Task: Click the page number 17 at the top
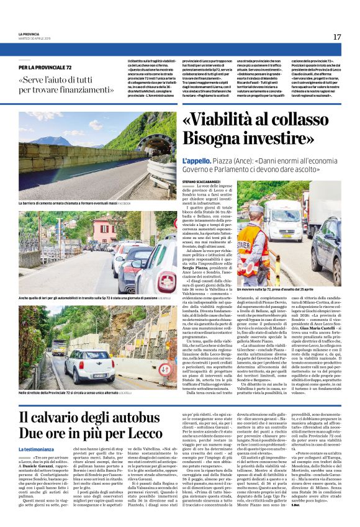337,37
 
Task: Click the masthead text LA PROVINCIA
29,34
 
